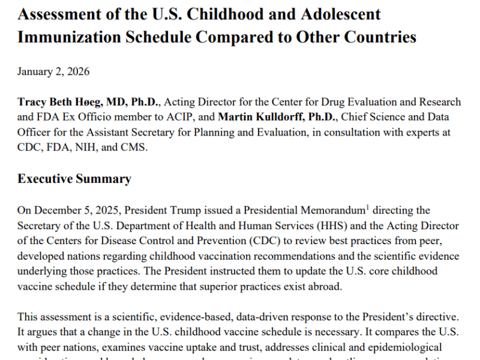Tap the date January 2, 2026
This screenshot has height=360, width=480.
click(x=53, y=72)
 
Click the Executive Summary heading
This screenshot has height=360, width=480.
click(x=74, y=179)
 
